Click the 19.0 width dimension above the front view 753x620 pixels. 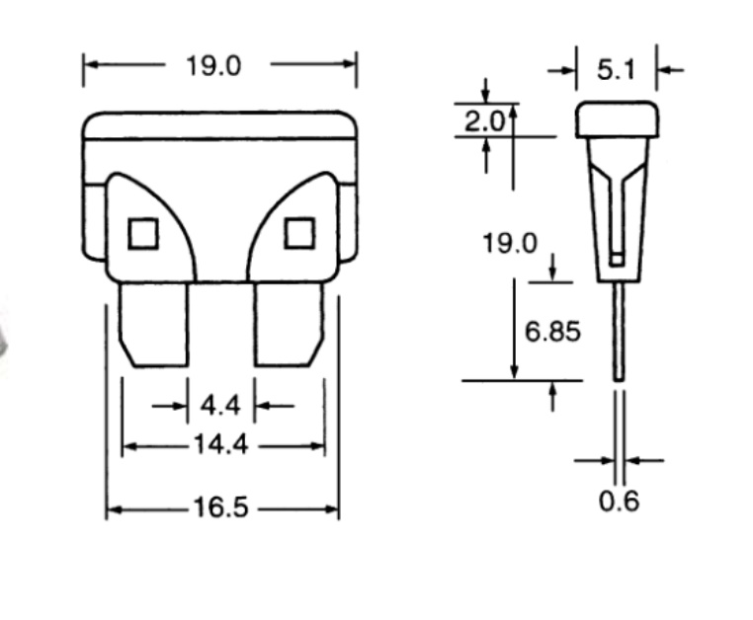coord(212,66)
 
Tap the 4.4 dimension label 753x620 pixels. coord(219,405)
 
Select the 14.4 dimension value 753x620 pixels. coord(219,445)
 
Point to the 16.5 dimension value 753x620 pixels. coord(221,508)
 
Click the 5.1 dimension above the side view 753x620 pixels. coord(616,70)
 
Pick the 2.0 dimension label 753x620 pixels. coord(484,121)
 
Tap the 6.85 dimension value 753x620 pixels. coord(552,332)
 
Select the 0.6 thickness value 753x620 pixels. coord(620,501)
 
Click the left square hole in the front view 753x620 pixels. coord(143,233)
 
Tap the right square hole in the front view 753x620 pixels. coord(298,233)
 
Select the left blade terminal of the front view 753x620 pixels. coord(153,324)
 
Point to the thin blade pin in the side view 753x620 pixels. coord(619,331)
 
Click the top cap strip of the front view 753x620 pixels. coord(219,124)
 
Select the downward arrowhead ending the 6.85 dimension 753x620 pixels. coord(515,371)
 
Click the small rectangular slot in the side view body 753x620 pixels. coord(618,260)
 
